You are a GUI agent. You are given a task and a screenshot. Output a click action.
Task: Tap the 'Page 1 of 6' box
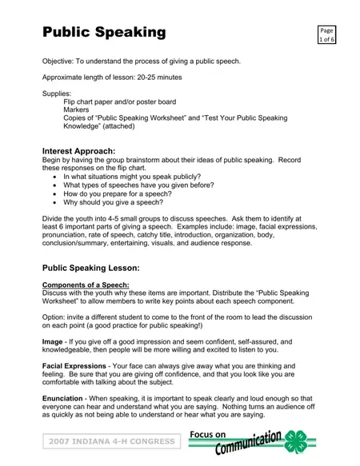click(326, 33)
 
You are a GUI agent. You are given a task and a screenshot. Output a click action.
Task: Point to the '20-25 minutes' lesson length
click(158, 78)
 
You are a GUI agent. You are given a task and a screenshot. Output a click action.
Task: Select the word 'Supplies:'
click(57, 94)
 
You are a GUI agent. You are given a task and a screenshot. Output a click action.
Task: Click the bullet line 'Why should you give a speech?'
click(113, 202)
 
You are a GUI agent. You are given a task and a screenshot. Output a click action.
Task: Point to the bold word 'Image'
click(53, 341)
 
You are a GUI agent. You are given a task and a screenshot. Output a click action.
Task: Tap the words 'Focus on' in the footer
click(210, 432)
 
